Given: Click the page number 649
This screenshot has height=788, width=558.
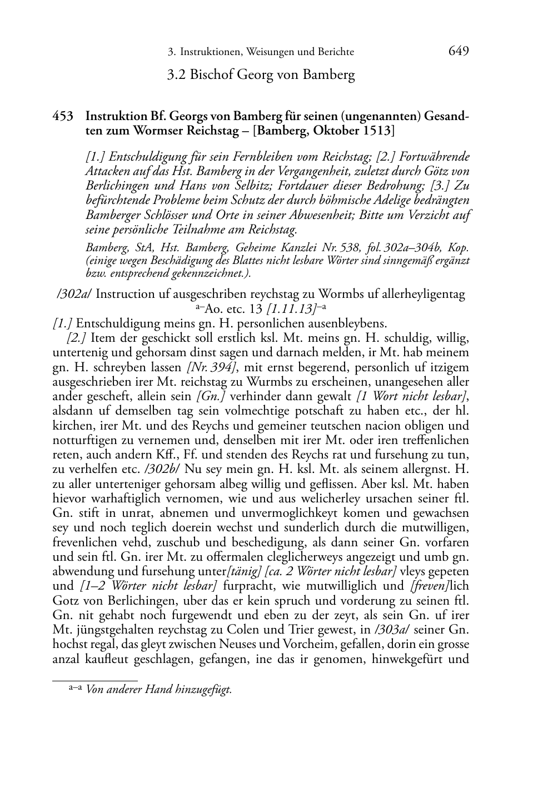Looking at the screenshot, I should point(459,51).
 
